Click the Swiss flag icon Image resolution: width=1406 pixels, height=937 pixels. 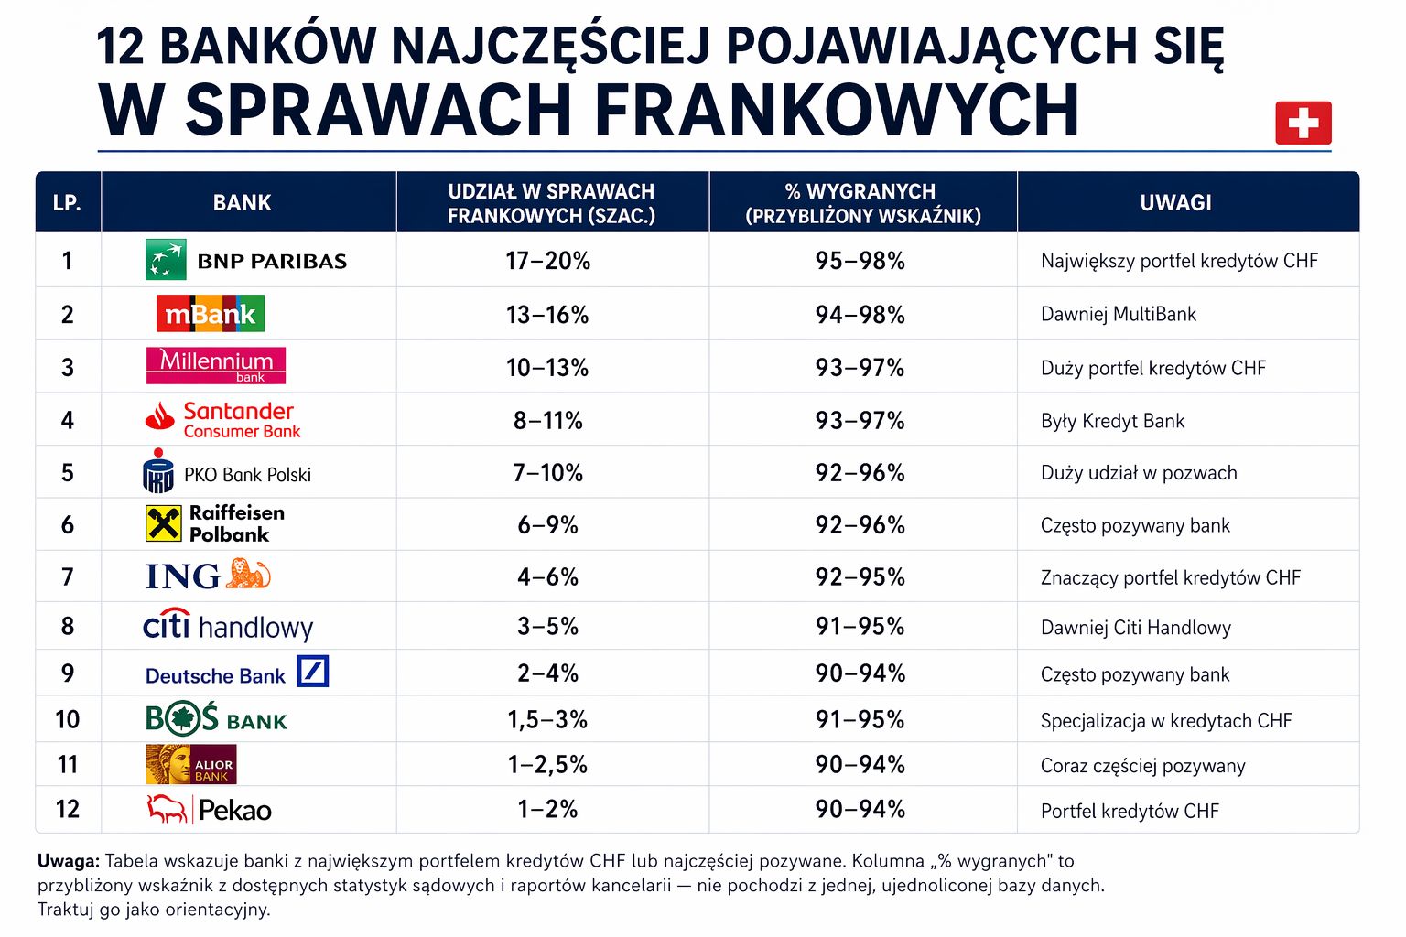tap(1303, 123)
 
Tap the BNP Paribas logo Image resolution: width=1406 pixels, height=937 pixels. tap(246, 261)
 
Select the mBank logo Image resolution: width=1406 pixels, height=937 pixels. tap(211, 314)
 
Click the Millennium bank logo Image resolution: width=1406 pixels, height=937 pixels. tap(216, 366)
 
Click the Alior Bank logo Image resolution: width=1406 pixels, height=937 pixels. tap(191, 764)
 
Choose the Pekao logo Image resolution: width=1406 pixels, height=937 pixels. tap(210, 810)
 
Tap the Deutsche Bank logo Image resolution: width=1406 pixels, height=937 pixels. tap(236, 673)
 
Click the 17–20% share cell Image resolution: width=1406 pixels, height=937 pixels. tap(547, 261)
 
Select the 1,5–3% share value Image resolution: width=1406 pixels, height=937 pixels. tap(547, 719)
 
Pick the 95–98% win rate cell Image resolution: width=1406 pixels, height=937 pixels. tap(860, 261)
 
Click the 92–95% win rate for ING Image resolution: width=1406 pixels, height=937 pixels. tap(860, 576)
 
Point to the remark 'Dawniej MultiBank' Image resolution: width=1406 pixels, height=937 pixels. tap(1118, 314)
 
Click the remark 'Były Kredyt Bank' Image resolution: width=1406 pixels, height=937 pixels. tap(1112, 421)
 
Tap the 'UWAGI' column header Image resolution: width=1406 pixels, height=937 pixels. tap(1175, 202)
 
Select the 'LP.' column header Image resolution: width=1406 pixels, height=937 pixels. tap(68, 202)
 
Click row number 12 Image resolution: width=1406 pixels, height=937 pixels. tap(68, 809)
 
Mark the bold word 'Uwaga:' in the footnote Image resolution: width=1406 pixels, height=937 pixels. tap(69, 861)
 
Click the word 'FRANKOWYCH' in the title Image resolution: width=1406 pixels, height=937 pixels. tap(837, 111)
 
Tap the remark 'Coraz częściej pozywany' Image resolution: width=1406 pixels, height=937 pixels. tap(1142, 766)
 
